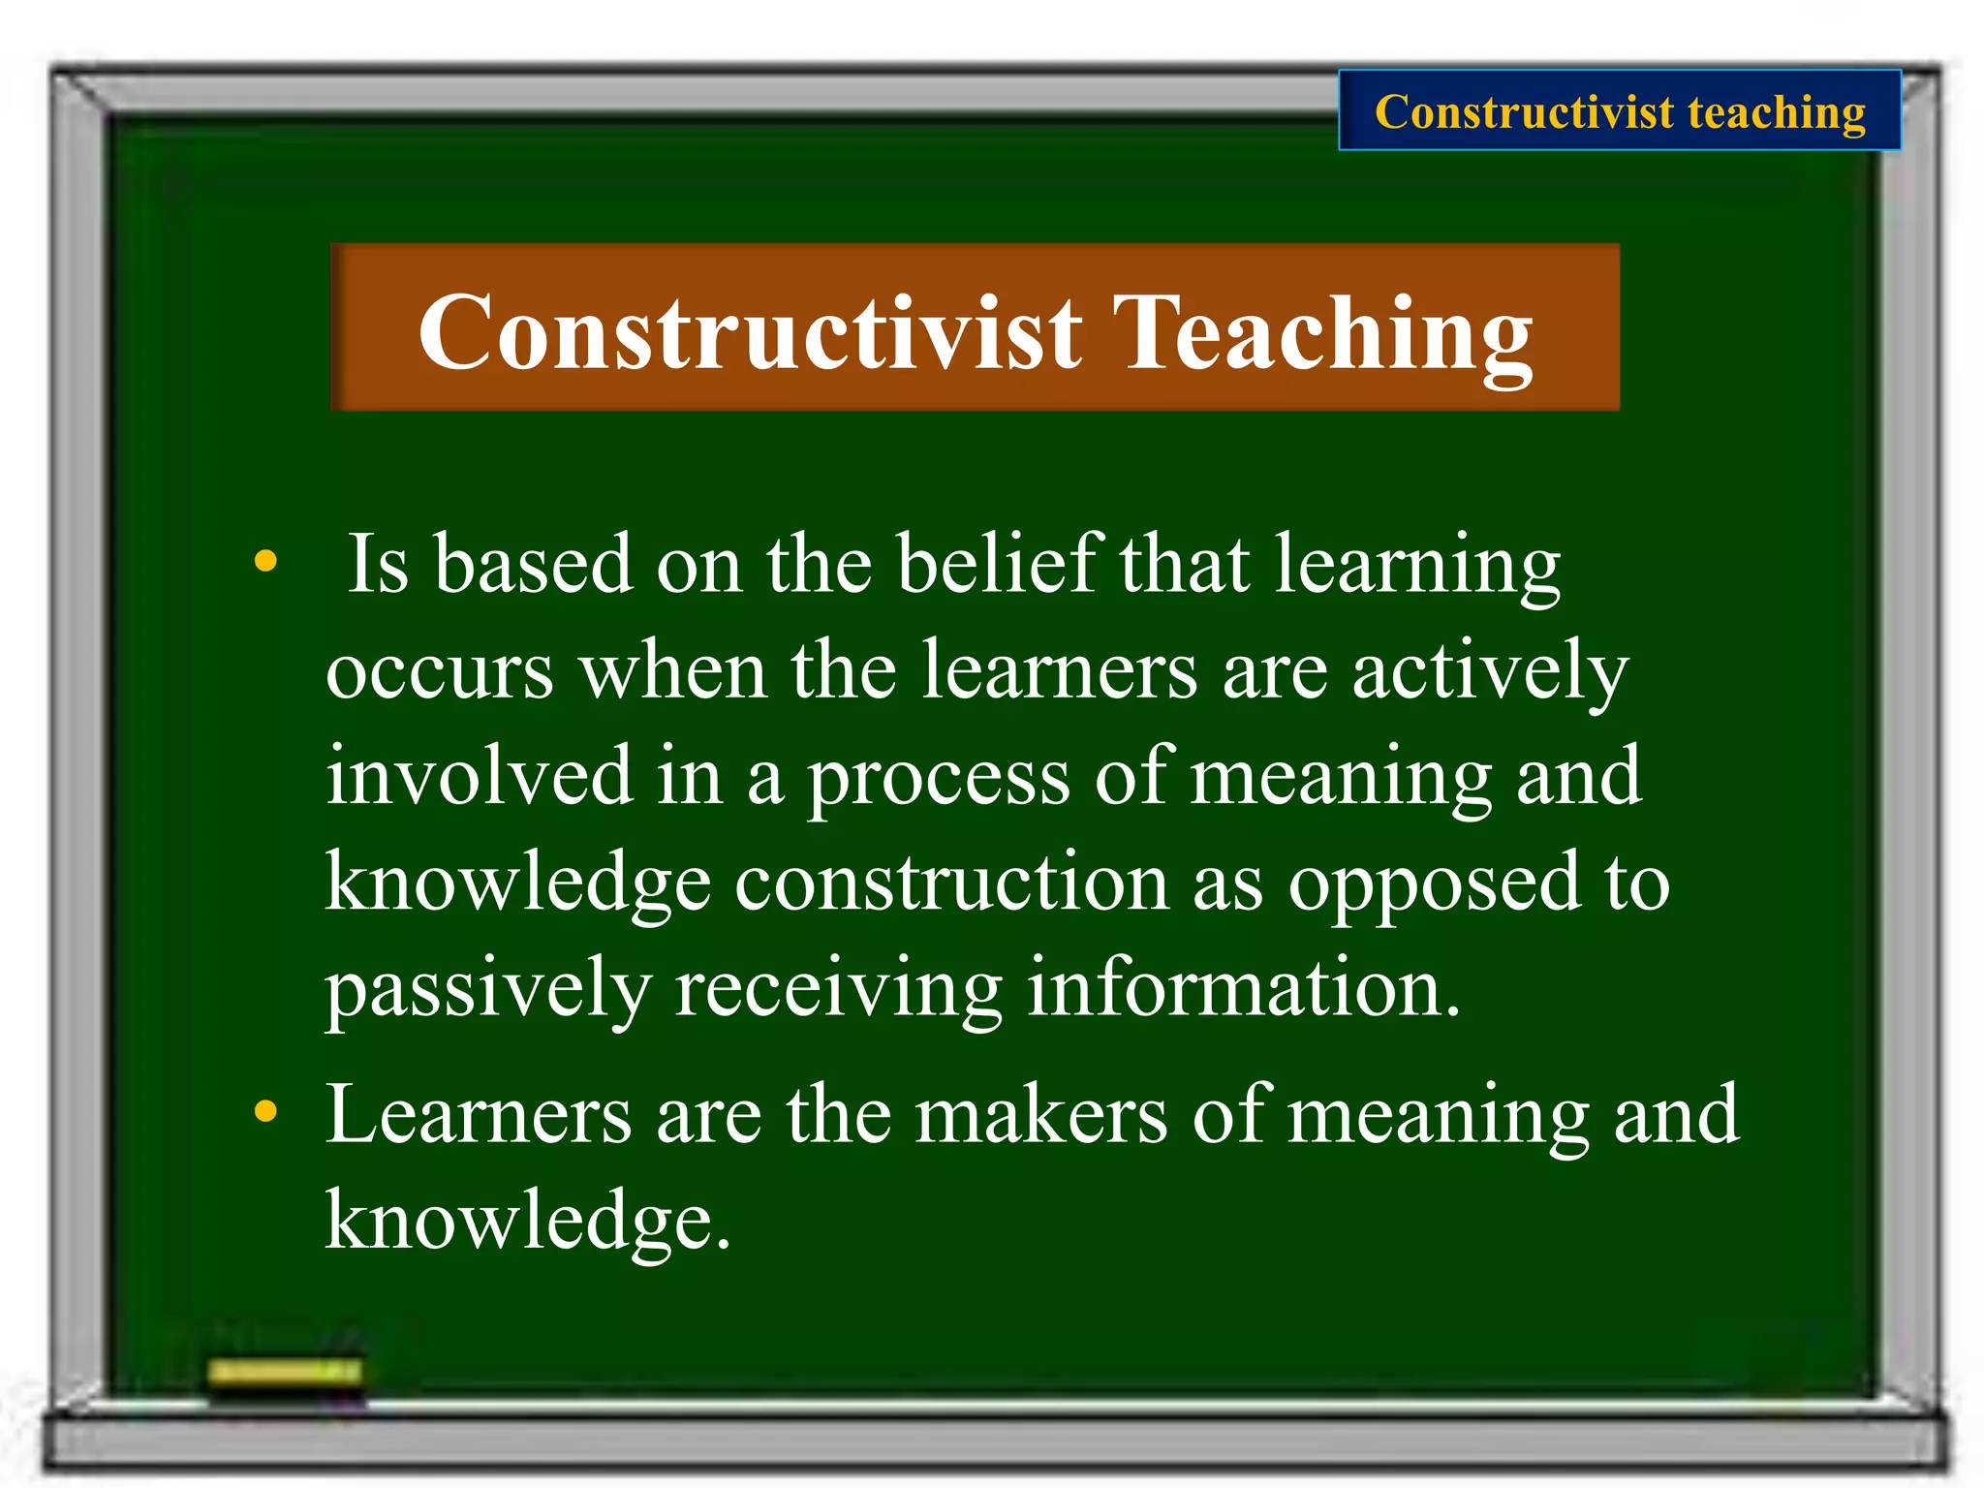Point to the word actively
pos(1489,671)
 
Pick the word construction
pos(951,883)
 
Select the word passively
pos(487,990)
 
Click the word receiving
pos(838,990)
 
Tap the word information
pos(1243,988)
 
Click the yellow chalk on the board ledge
pos(285,1371)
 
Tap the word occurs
pos(440,671)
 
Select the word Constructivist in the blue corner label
pos(1524,112)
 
